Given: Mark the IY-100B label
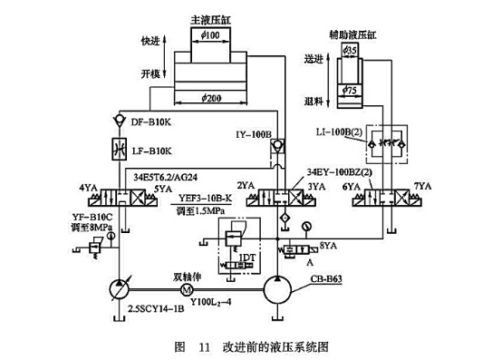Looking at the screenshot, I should click(256, 133).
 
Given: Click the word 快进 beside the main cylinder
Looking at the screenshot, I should click(151, 41).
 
